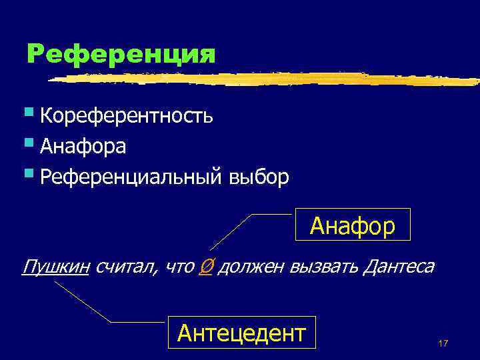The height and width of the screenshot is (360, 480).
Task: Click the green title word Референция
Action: pyautogui.click(x=121, y=54)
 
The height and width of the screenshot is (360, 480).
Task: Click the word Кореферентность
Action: pyautogui.click(x=127, y=116)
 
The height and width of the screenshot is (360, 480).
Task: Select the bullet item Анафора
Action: pyautogui.click(x=83, y=146)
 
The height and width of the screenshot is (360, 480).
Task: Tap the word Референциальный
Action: pyautogui.click(x=131, y=177)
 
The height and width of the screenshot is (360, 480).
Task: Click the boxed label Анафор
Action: pyautogui.click(x=353, y=226)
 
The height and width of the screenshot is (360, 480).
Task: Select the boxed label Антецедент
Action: pyautogui.click(x=241, y=331)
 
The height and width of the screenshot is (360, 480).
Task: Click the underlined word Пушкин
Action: pyautogui.click(x=56, y=267)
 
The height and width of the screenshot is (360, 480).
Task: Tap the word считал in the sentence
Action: pyautogui.click(x=126, y=267)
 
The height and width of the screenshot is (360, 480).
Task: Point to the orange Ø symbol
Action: pyautogui.click(x=206, y=267)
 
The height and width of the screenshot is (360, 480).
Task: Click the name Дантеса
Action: pyautogui.click(x=399, y=267)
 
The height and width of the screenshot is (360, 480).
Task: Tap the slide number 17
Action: pyautogui.click(x=443, y=343)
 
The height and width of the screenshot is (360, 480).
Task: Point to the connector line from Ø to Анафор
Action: pyautogui.click(x=233, y=231)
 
